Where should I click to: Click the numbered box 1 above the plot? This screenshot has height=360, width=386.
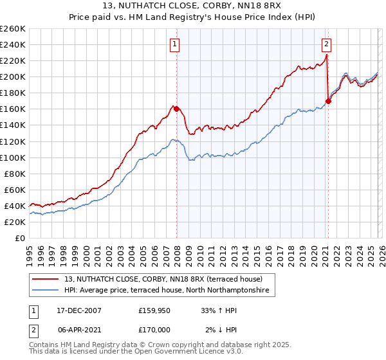coord(175,44)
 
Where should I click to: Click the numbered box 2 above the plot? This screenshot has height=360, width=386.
coord(327,44)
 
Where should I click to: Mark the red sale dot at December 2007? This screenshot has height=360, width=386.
coord(176,109)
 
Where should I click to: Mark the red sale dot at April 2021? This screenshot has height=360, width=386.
coord(328,101)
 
